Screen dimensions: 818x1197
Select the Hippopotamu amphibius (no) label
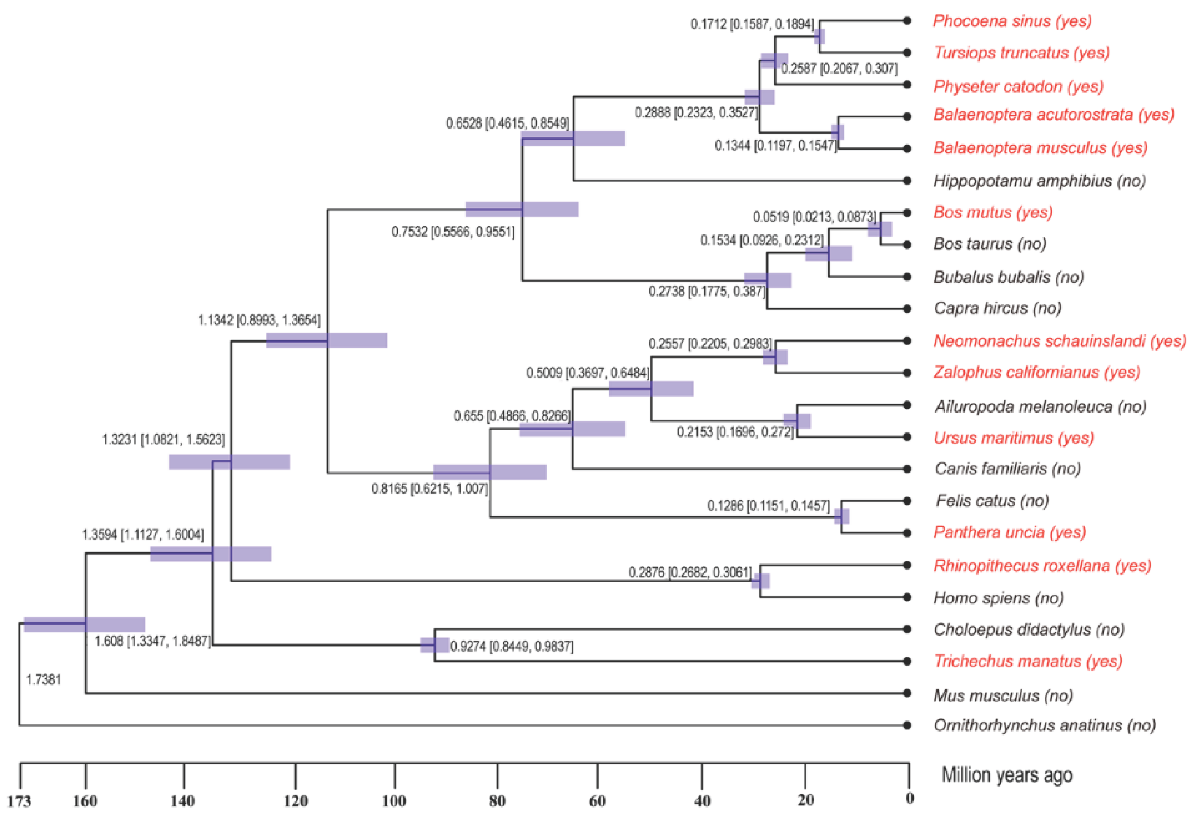tap(1039, 181)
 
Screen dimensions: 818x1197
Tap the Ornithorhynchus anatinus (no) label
tap(1045, 725)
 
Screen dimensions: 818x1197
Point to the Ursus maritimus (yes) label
tap(1014, 438)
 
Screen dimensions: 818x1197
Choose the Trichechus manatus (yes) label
tap(1028, 661)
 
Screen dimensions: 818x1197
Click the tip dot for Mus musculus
tap(907, 693)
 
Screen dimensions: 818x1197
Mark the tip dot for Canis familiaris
tap(907, 469)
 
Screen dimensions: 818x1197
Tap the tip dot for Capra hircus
tap(907, 309)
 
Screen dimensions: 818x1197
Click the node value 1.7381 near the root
tap(43, 680)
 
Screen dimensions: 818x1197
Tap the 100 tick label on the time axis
tap(394, 801)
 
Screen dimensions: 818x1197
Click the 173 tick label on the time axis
tap(19, 801)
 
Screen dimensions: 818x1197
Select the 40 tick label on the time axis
tap(702, 801)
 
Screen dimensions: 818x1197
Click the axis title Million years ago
tap(1007, 775)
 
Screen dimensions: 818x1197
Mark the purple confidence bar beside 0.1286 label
tap(841, 516)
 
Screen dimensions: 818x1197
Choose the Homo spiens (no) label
tap(998, 598)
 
